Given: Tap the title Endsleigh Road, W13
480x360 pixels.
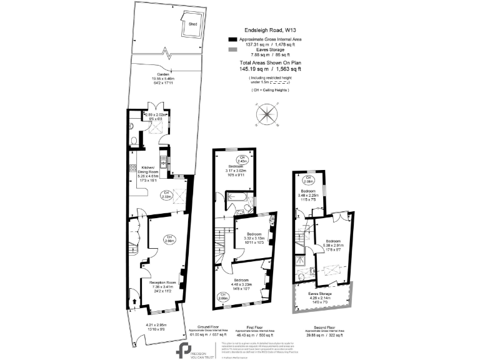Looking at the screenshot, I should [270, 29].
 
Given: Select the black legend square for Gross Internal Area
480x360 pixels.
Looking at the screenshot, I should [232, 39].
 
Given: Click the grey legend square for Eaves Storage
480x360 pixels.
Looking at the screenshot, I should [232, 50].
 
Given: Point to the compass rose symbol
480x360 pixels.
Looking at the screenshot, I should [267, 116].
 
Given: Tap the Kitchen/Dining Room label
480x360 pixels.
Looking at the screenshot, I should [147, 169].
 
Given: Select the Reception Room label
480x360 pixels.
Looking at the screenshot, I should [162, 282].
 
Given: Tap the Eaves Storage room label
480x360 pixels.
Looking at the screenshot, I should [321, 293].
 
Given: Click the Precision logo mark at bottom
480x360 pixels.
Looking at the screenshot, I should [184, 348].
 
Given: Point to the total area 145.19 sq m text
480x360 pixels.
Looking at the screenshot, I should [270, 69].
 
